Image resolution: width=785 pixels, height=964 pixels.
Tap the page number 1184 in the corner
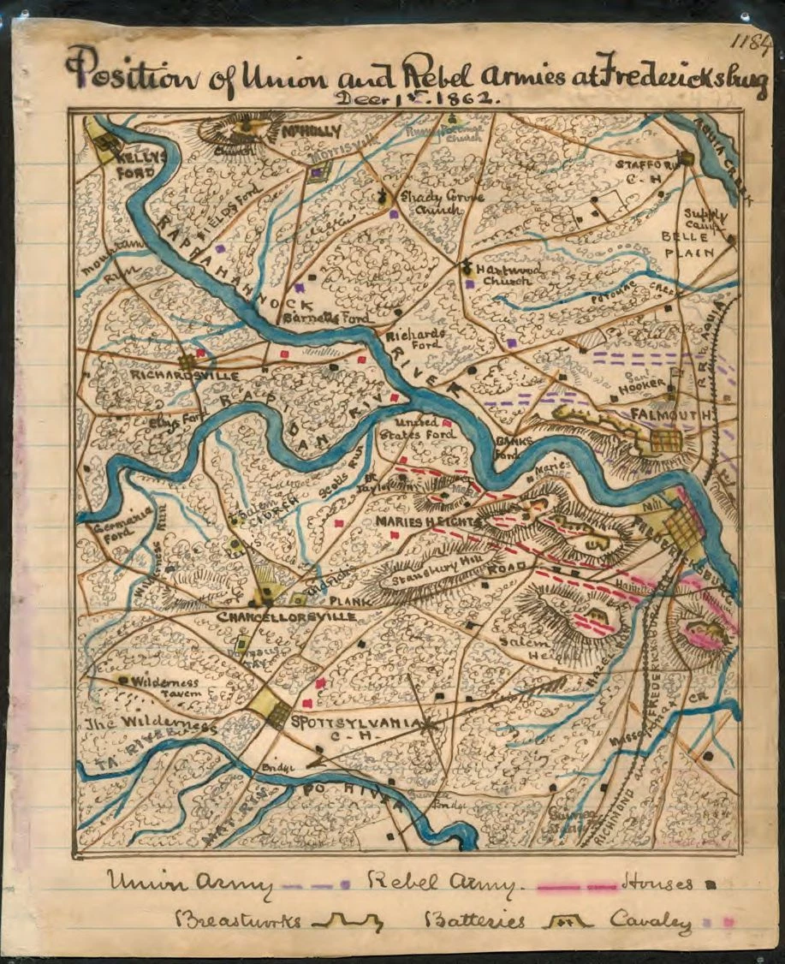click(x=752, y=43)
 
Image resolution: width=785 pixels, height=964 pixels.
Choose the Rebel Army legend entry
click(x=442, y=883)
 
